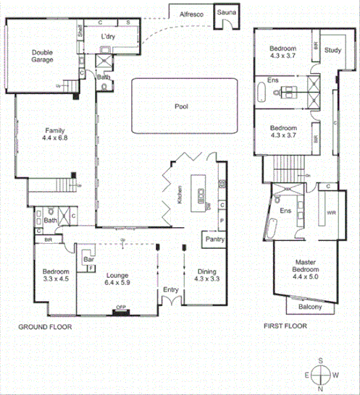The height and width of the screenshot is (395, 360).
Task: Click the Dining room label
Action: pos(206,272)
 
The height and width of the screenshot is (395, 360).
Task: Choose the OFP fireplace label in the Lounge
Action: pos(120,308)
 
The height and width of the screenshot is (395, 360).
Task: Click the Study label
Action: pos(332,50)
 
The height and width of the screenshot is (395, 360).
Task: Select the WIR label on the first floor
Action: pos(331,213)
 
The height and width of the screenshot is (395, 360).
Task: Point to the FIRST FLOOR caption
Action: pos(287,326)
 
